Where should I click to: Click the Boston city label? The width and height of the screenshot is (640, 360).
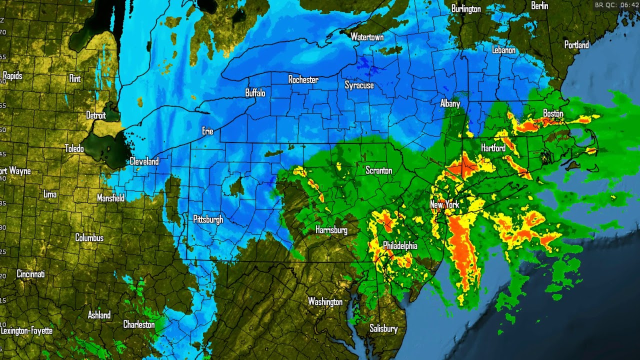click(553, 113)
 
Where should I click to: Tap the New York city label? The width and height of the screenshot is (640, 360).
click(444, 205)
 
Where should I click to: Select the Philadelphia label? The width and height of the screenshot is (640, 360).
click(400, 245)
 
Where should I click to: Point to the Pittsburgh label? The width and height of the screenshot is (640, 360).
click(208, 219)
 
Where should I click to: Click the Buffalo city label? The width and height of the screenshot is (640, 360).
click(255, 93)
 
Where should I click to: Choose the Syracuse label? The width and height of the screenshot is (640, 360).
click(359, 85)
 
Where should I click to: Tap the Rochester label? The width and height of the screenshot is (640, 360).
click(303, 79)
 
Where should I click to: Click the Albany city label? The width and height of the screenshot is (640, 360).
click(450, 103)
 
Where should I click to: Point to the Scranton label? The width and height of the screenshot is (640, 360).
click(378, 170)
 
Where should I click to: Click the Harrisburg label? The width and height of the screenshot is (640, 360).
click(331, 230)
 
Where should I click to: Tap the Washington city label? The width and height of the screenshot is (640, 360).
click(325, 301)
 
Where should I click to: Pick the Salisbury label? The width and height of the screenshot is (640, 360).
click(383, 328)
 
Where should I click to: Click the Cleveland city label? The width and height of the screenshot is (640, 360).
click(144, 161)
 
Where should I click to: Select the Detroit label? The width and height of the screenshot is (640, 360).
click(96, 115)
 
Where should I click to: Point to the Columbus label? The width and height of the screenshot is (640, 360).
click(89, 237)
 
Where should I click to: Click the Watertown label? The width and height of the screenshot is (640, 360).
click(367, 37)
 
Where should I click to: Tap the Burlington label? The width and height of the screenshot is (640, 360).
click(465, 9)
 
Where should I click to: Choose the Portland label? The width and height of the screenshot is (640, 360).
click(576, 45)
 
